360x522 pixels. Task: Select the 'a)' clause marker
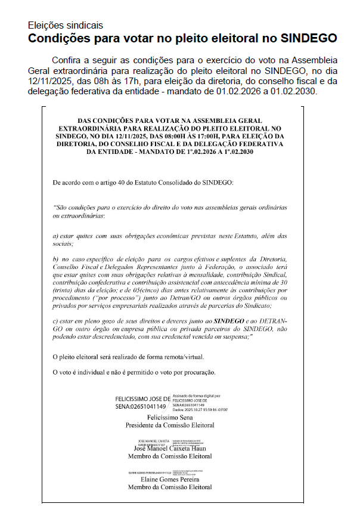[57, 236]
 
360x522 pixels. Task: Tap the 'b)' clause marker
[57, 259]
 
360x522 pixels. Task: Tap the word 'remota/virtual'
[184, 357]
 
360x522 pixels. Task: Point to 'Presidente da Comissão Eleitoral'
[170, 425]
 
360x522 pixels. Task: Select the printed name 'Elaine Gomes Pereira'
[170, 479]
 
